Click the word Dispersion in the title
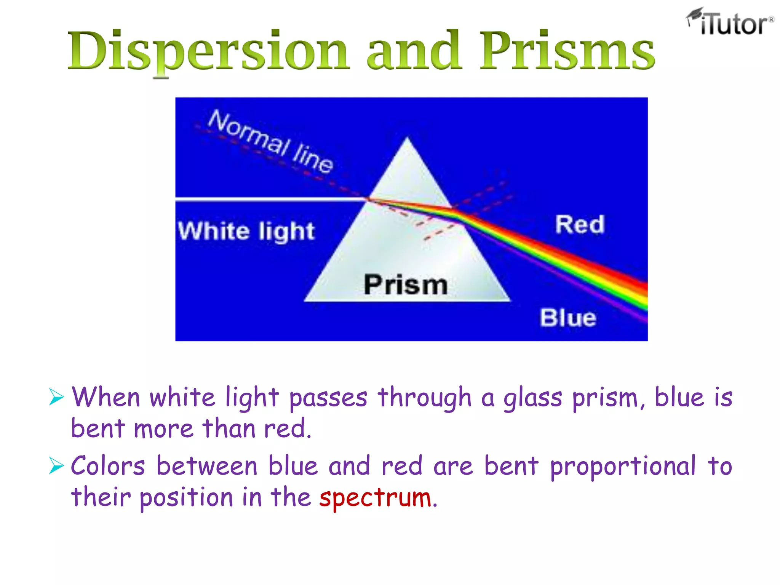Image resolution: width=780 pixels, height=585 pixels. click(x=208, y=51)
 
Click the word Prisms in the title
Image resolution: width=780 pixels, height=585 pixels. click(x=567, y=51)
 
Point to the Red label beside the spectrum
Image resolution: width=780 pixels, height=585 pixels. click(x=580, y=224)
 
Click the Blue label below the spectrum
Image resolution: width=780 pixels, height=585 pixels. click(x=568, y=318)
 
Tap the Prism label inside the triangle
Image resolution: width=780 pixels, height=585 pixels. click(x=406, y=285)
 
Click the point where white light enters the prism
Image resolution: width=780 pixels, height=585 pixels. click(x=367, y=198)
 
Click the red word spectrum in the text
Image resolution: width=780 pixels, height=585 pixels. click(x=376, y=498)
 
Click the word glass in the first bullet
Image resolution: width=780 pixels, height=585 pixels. click(x=532, y=398)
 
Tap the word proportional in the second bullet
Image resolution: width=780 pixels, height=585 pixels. click(x=622, y=467)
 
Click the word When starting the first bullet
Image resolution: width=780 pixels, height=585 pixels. click(x=106, y=397)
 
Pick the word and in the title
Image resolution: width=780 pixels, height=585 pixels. click(x=414, y=51)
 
